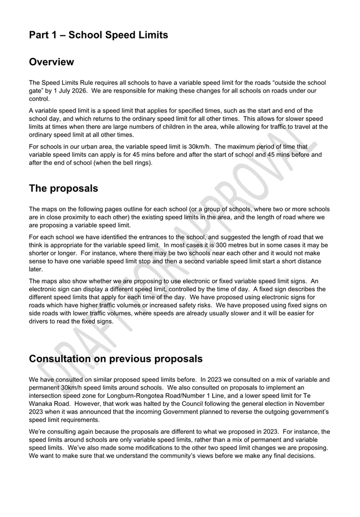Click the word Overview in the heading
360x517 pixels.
tap(51, 62)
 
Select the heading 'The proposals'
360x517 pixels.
tap(64, 189)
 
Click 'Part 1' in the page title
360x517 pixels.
tap(45, 35)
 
